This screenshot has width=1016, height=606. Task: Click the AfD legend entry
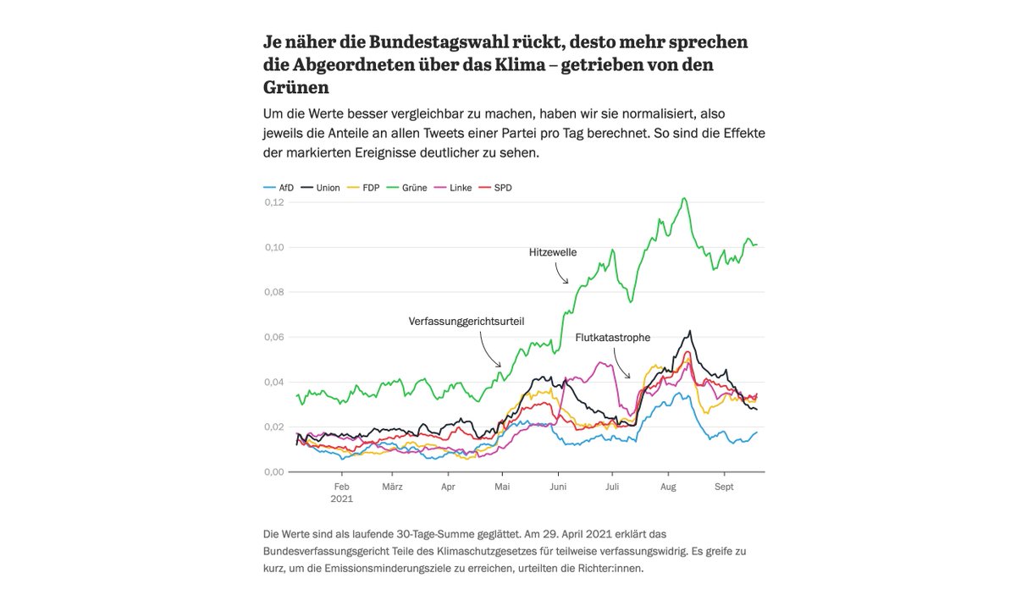pos(279,187)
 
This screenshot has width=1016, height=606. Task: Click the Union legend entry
pos(321,187)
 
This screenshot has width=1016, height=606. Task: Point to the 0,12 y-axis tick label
pos(273,202)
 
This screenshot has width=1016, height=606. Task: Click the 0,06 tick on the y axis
pos(273,337)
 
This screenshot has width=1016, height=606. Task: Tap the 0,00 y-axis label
pos(273,471)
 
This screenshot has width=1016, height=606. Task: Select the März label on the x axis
pos(392,487)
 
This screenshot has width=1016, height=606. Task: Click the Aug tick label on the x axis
pos(667,487)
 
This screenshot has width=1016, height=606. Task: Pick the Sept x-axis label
pos(724,487)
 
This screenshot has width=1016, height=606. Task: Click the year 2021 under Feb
pos(341,499)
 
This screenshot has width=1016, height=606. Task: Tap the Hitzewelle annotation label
pos(552,251)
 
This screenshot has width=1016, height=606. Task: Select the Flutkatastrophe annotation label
pos(612,337)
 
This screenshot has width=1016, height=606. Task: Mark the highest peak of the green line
pos(683,199)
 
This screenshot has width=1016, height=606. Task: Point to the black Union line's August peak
pos(690,331)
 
